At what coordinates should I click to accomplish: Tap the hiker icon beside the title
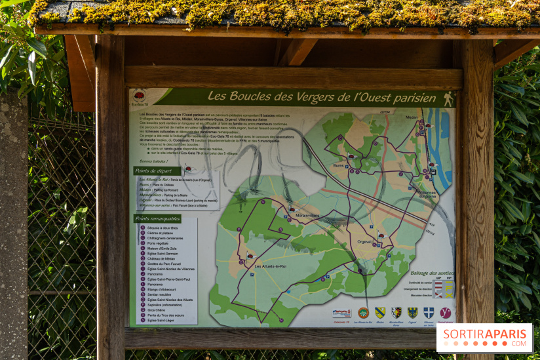[x=448, y=99]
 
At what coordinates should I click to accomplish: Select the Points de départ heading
[x=157, y=171]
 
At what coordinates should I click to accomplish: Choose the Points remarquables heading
[x=158, y=218]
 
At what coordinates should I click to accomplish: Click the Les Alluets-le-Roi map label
[x=269, y=266]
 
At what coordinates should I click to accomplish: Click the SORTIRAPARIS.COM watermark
[x=484, y=337]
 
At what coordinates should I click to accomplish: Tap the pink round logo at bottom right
[x=445, y=313]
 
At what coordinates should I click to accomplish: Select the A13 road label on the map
[x=431, y=232]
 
